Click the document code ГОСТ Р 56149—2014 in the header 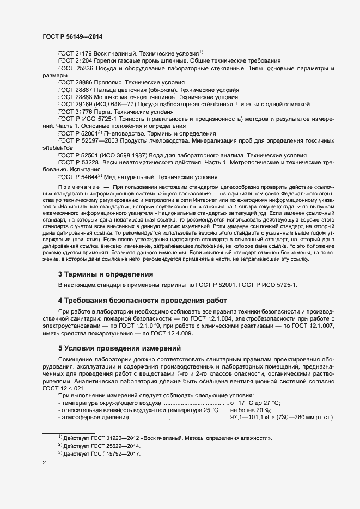pos(72,36)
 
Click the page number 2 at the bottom pos(45,463)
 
